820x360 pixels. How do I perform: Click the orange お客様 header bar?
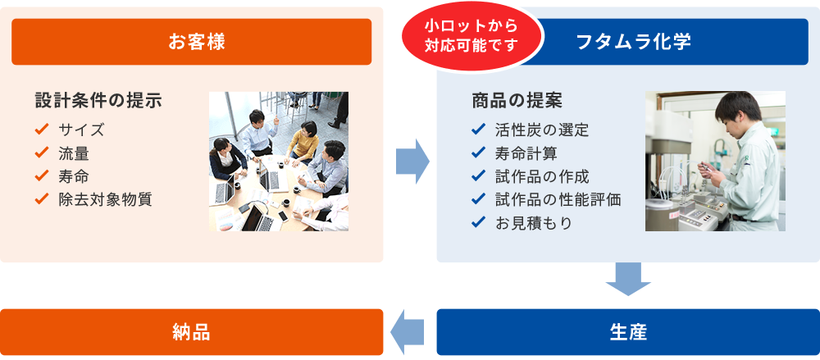(191, 42)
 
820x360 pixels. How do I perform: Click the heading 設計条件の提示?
(98, 101)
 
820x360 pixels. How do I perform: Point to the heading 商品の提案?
(517, 101)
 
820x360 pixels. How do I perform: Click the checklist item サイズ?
(81, 130)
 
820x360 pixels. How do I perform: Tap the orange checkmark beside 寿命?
(41, 175)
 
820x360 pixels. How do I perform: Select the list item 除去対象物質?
(105, 199)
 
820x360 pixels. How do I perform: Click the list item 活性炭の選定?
(542, 130)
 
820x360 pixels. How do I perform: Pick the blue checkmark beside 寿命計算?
(478, 153)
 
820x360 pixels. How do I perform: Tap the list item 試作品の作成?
(542, 176)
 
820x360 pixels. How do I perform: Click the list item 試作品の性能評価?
(558, 199)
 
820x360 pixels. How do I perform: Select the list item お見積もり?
(534, 223)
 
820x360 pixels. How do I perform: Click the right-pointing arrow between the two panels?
(412, 162)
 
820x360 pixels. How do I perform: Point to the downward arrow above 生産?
(628, 279)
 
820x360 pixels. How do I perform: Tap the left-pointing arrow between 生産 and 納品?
(407, 332)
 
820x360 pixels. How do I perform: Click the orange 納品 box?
(191, 332)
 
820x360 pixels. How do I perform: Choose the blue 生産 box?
(628, 332)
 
